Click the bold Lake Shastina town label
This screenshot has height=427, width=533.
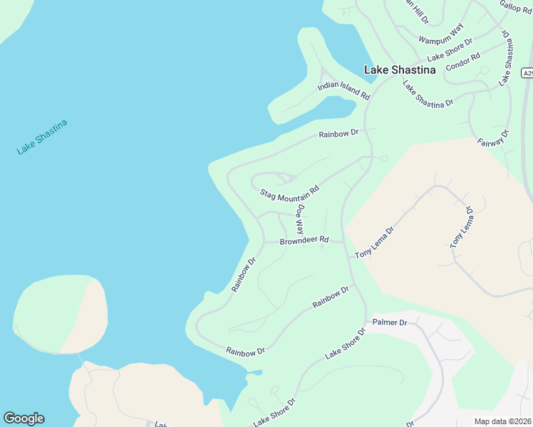400,70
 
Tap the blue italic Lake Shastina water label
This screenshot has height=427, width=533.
42,137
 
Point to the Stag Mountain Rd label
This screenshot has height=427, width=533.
289,193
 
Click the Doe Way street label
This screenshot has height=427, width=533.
300,220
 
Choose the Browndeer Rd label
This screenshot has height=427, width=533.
304,241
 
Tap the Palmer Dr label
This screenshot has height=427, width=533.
392,322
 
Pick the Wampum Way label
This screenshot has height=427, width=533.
441,33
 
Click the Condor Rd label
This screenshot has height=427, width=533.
463,62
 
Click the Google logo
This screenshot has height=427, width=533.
24,418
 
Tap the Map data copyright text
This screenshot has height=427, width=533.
503,421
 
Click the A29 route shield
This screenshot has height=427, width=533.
527,73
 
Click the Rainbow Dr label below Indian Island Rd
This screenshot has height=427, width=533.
338,133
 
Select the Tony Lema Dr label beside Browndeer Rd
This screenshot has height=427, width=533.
374,243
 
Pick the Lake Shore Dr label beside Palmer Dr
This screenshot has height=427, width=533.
346,344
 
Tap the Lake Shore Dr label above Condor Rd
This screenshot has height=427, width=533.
450,49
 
